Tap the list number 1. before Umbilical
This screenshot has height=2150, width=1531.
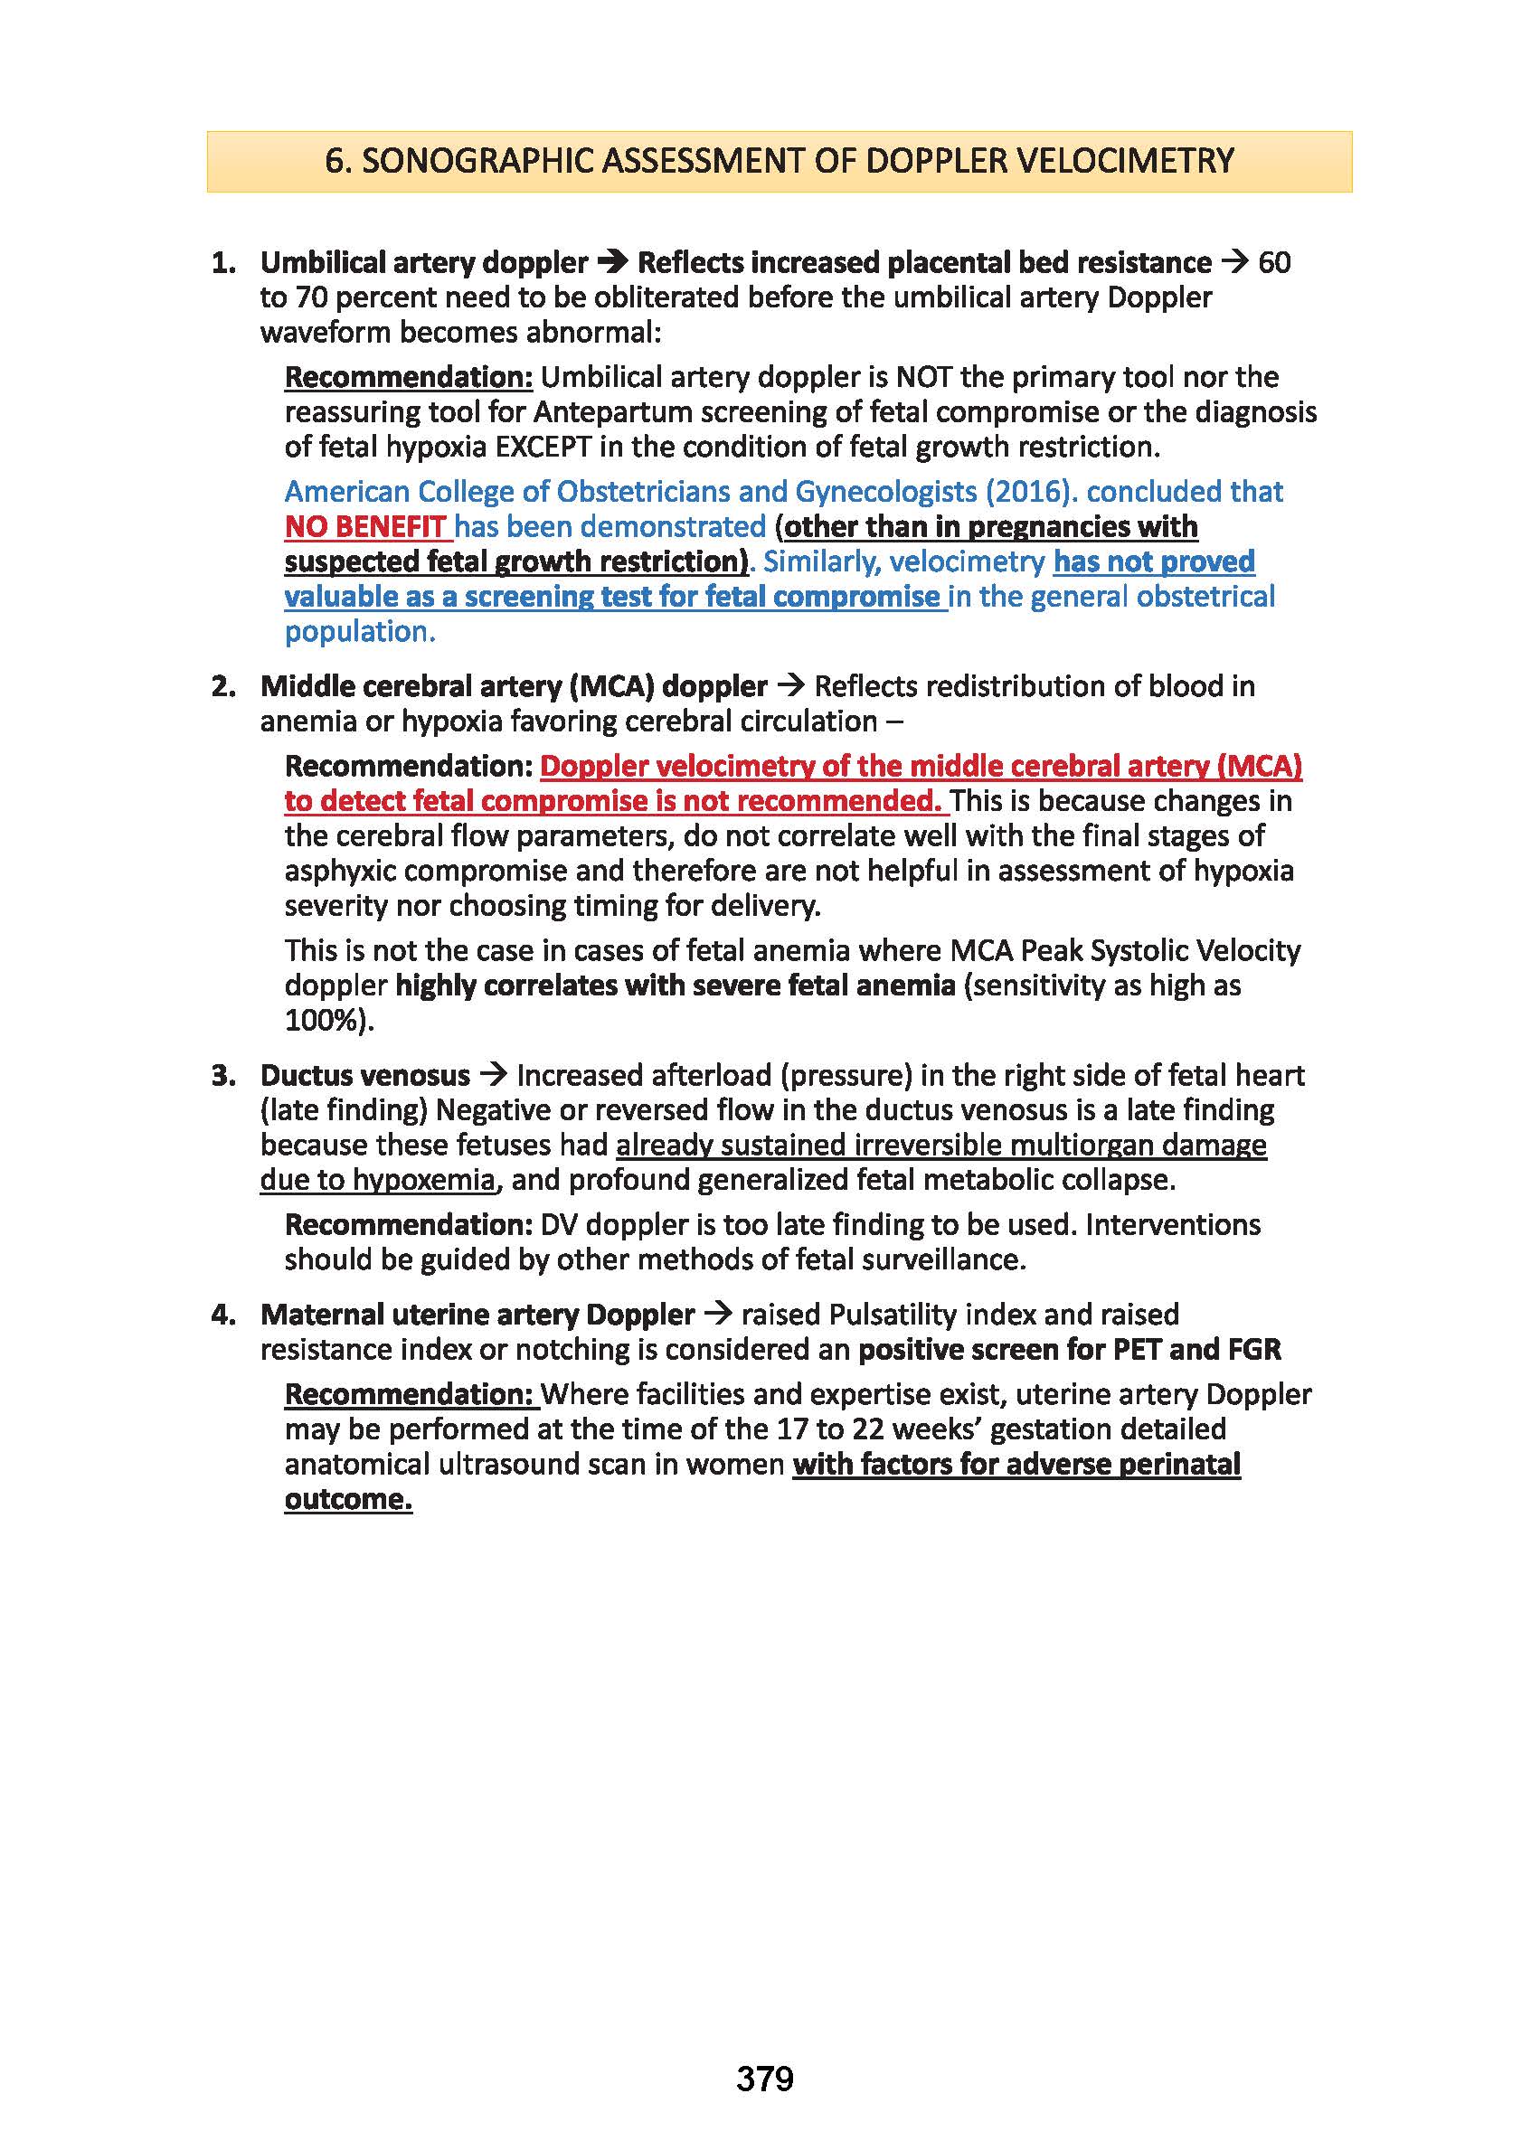pyautogui.click(x=223, y=263)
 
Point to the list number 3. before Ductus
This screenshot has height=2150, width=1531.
pyautogui.click(x=223, y=1076)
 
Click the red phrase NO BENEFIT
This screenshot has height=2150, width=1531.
pyautogui.click(x=364, y=527)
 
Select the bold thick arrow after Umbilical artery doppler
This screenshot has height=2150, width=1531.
pyautogui.click(x=613, y=262)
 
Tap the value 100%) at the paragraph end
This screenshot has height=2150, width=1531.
pyautogui.click(x=329, y=1021)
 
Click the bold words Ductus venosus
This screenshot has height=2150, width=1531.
pyautogui.click(x=364, y=1076)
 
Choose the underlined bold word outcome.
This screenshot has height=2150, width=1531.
pyautogui.click(x=348, y=1500)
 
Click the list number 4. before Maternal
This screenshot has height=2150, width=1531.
pyautogui.click(x=223, y=1315)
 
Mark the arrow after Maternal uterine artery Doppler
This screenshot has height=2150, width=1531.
pyautogui.click(x=717, y=1314)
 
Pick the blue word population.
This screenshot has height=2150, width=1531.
pyautogui.click(x=359, y=631)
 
